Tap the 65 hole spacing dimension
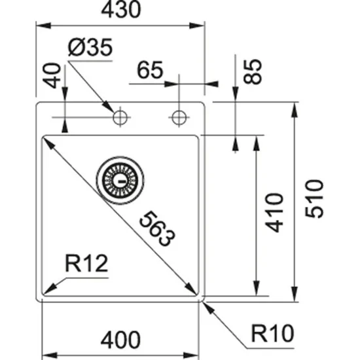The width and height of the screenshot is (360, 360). coord(151,70)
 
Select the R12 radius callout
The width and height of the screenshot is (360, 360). coord(86,264)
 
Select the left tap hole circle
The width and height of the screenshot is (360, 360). coord(120,118)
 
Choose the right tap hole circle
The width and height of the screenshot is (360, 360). coord(177,118)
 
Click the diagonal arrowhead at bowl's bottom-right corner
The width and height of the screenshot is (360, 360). coord(194,291)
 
